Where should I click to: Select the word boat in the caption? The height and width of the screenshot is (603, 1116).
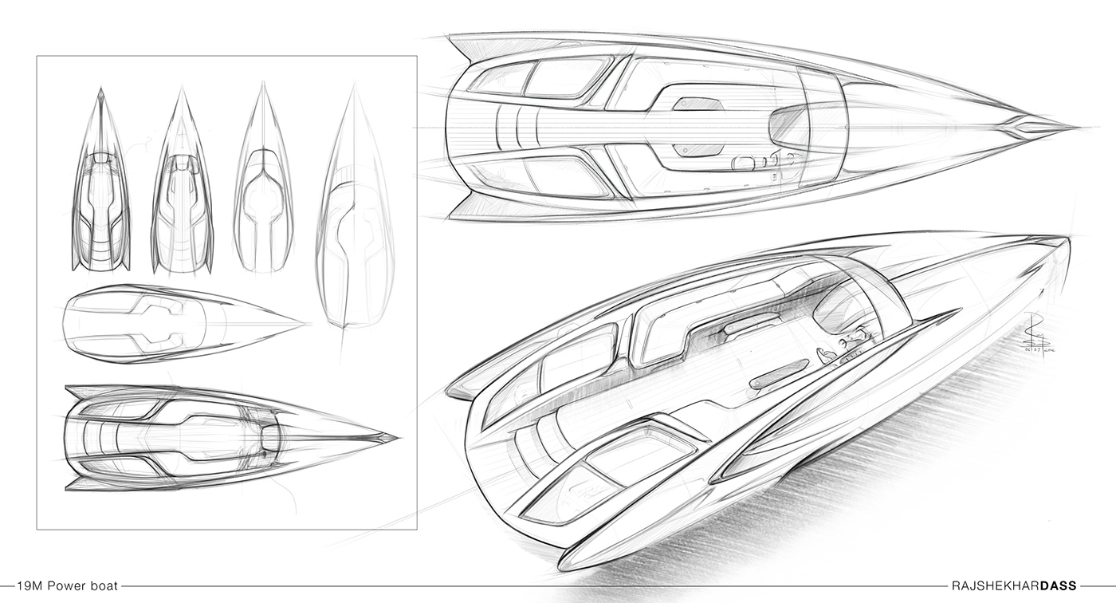point(104,586)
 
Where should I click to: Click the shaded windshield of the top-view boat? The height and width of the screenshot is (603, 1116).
point(789,124)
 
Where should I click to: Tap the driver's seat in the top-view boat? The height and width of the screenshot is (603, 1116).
point(743,163)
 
